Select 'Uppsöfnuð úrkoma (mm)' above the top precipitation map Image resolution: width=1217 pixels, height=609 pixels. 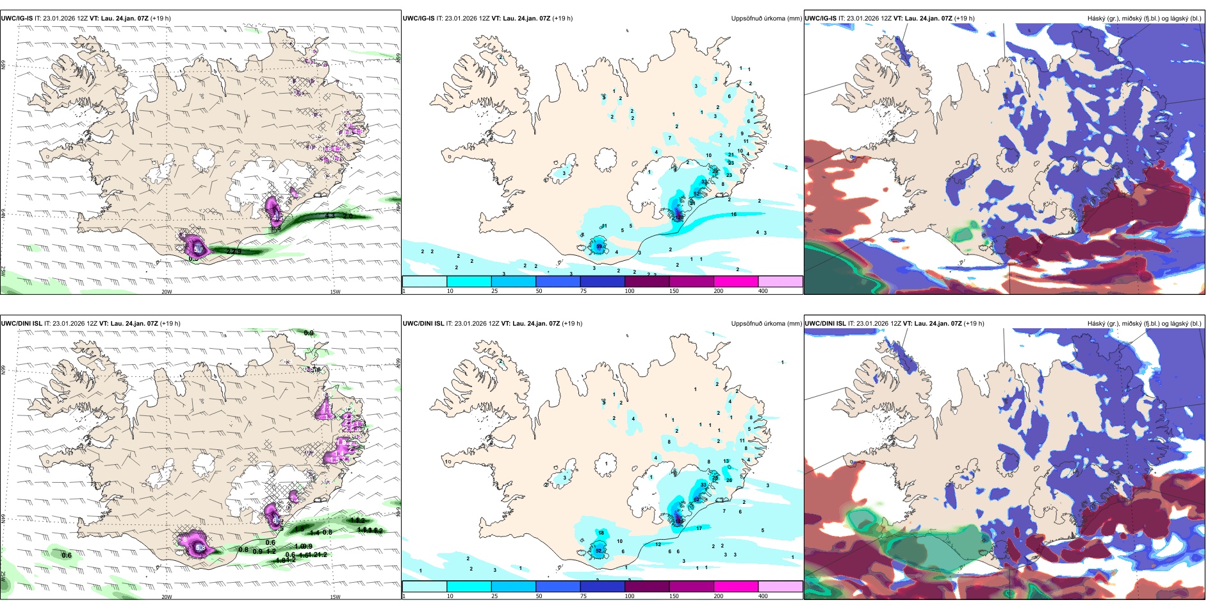click(x=766, y=19)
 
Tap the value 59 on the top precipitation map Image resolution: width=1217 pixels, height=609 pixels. click(x=599, y=246)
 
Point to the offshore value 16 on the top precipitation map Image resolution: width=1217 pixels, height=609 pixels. click(x=733, y=215)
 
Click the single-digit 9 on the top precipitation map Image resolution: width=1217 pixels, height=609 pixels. click(x=742, y=133)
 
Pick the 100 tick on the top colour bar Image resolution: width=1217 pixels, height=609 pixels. click(x=630, y=291)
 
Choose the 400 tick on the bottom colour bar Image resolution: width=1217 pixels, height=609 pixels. click(x=763, y=596)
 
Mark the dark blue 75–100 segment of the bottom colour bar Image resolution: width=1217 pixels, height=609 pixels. click(x=602, y=587)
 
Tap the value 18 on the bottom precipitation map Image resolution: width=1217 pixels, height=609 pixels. click(x=601, y=533)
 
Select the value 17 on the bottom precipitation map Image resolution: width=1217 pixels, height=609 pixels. click(x=699, y=528)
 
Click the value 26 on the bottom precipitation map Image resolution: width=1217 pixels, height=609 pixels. click(x=729, y=480)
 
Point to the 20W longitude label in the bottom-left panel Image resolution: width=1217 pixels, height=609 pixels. click(x=167, y=597)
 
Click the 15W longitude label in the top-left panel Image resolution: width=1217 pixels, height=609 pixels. click(x=335, y=292)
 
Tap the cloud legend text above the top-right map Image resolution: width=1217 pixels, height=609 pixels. click(x=1144, y=19)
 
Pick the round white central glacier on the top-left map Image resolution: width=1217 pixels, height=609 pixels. click(x=205, y=158)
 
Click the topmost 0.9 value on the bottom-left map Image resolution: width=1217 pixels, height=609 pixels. click(x=309, y=333)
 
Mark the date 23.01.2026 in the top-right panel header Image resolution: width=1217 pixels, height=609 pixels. click(x=864, y=19)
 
